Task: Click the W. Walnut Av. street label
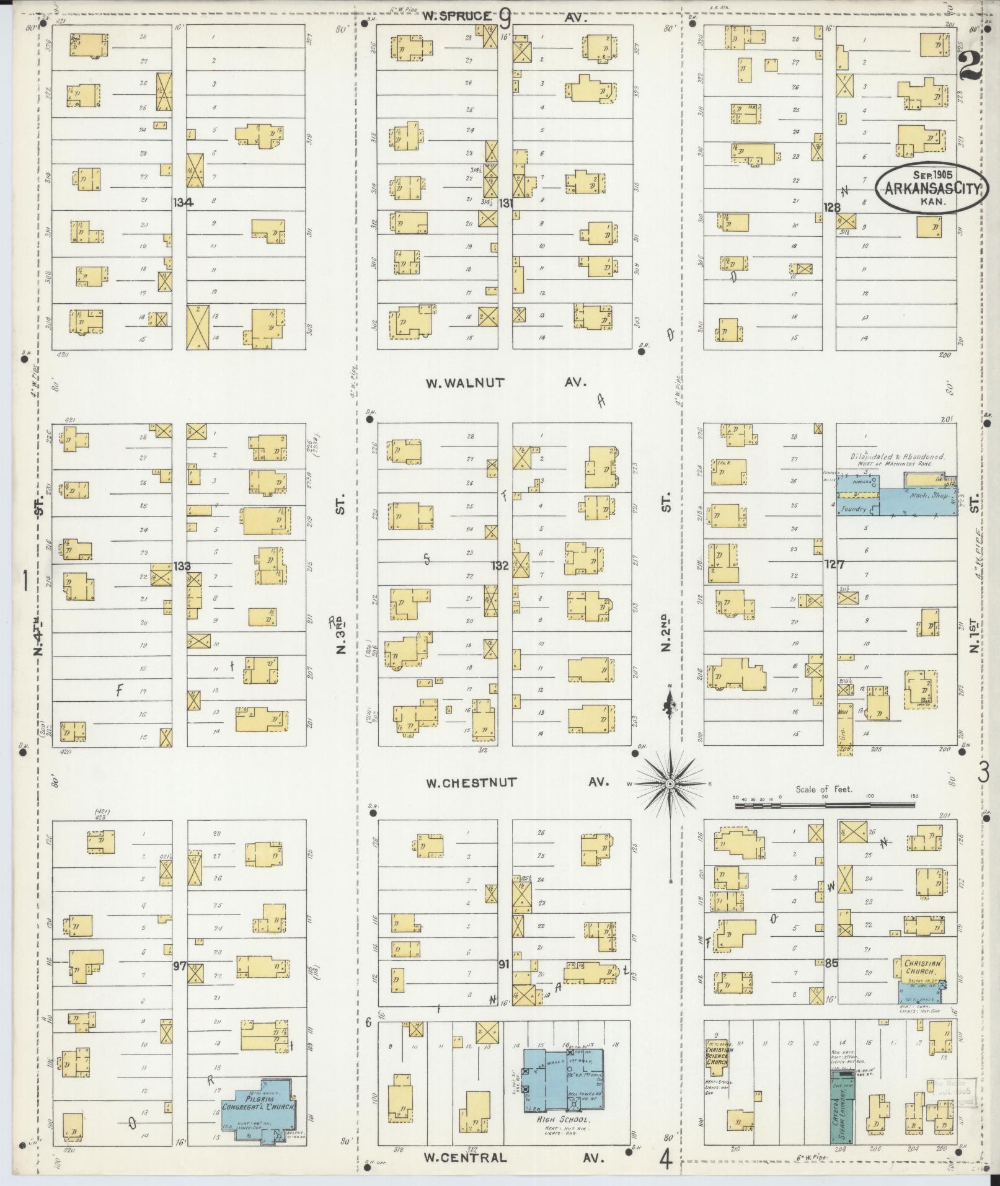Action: [505, 383]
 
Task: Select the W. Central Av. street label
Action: [505, 1157]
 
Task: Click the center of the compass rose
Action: [670, 784]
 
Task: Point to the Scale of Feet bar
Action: [825, 806]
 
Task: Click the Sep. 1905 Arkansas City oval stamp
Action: [930, 188]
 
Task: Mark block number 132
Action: [500, 565]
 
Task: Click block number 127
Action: [834, 564]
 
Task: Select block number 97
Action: [180, 965]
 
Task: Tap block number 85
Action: [831, 963]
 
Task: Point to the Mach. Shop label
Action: [922, 496]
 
